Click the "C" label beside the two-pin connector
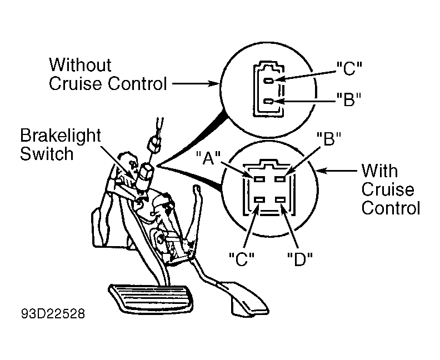coord(349,68)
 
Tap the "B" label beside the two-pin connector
coord(349,99)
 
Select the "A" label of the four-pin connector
coord(208,158)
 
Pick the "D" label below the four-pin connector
coord(300,259)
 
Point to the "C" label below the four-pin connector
coord(242,259)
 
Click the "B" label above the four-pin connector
coord(328,139)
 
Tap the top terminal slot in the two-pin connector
coord(269,81)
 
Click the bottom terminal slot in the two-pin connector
coord(269,101)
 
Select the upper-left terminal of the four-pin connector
coord(259,179)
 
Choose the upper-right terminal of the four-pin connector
coord(280,179)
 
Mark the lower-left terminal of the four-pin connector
coord(259,200)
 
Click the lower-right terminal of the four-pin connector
coord(280,200)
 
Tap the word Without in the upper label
coord(80,65)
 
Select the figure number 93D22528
coord(53,314)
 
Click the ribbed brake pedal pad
coord(152,297)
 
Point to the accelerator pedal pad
coord(250,302)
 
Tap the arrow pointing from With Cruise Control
coord(337,171)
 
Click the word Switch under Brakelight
coord(47,154)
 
